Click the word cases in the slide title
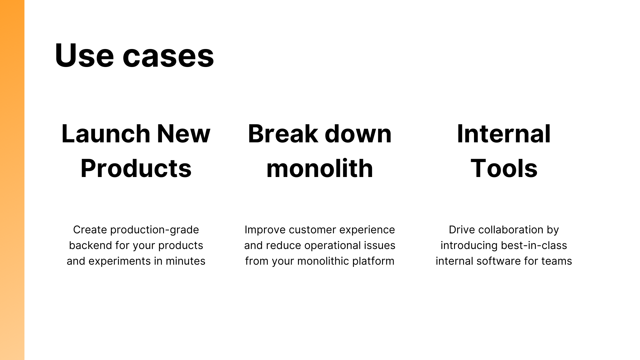168,57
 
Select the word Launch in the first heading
106,134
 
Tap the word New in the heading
184,134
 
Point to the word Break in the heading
283,134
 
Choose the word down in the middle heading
358,134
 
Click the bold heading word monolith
320,168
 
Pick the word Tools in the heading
504,168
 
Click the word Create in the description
90,230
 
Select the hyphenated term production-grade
155,230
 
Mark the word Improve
265,230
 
